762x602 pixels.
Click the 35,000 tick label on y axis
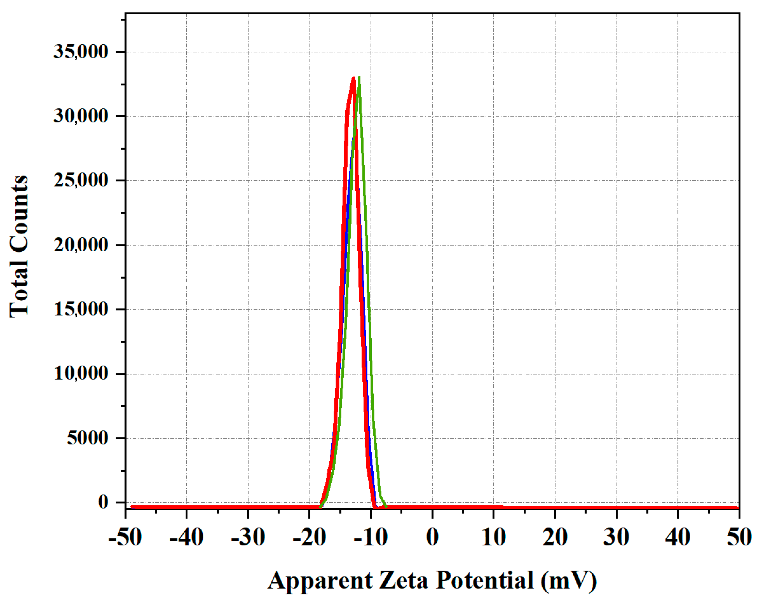[x=80, y=52]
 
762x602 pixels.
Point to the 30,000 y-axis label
[x=80, y=116]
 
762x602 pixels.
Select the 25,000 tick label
[x=80, y=181]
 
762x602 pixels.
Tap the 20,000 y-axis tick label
[x=80, y=245]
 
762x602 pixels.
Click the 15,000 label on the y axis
[x=80, y=310]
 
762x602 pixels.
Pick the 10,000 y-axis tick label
[x=80, y=373]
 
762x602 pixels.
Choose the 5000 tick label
[x=87, y=438]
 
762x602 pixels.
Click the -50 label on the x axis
[x=125, y=537]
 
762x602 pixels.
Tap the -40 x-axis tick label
[x=186, y=537]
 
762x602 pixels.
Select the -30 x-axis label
[x=248, y=537]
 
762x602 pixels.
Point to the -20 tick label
[x=309, y=537]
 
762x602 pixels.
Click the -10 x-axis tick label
[x=371, y=537]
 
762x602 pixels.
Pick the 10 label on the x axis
[x=494, y=537]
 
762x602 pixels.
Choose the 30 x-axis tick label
[x=616, y=537]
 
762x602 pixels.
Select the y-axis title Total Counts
[x=19, y=247]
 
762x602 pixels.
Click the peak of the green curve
[x=359, y=78]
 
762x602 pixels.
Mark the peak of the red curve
[x=353, y=78]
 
